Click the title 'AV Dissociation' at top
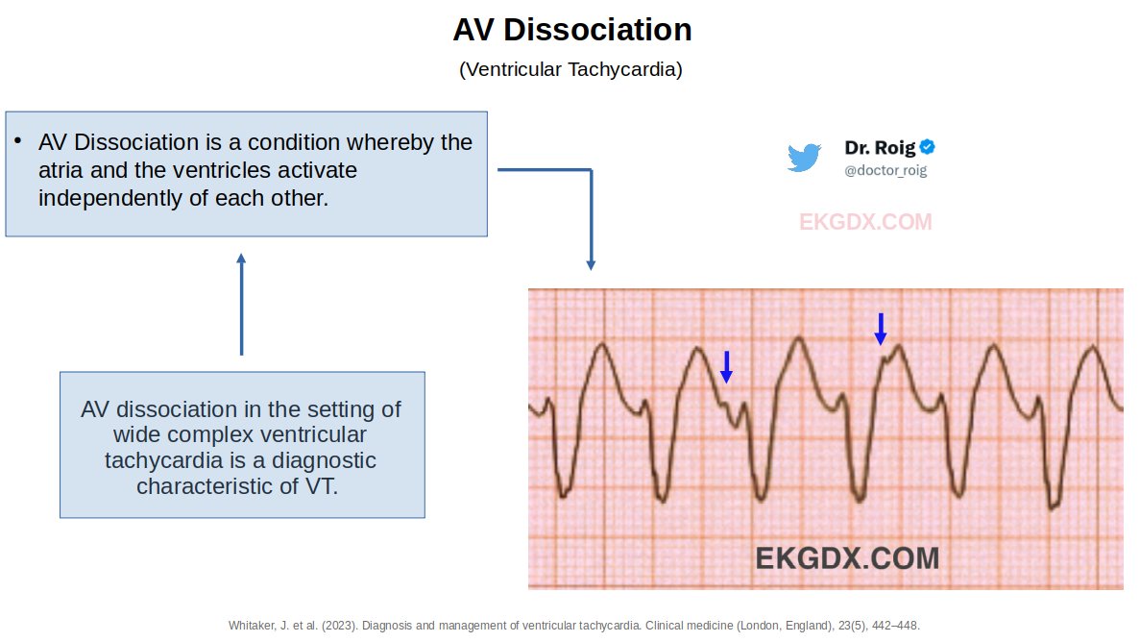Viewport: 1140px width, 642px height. click(572, 30)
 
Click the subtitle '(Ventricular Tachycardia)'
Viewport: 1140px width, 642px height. click(570, 70)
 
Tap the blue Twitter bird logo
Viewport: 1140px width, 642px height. click(804, 158)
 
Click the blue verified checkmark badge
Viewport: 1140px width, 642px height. click(928, 147)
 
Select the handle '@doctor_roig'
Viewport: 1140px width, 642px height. click(885, 170)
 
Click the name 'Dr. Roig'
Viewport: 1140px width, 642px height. click(880, 148)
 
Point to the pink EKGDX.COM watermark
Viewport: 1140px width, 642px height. click(865, 222)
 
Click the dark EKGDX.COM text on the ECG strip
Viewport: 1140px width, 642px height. click(847, 557)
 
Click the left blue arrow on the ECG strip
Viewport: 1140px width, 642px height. click(727, 367)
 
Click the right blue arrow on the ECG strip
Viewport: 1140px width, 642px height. click(880, 329)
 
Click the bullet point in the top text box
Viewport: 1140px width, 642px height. click(17, 140)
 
